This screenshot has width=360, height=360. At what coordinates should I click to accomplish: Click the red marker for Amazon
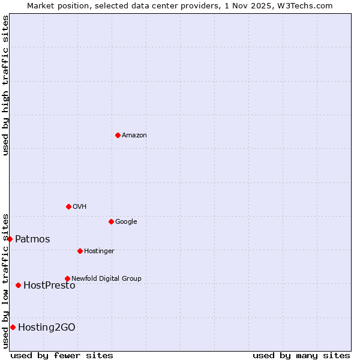click(x=118, y=135)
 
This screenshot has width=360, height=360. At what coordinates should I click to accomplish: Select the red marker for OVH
click(x=68, y=206)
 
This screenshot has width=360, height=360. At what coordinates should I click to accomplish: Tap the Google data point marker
click(x=111, y=221)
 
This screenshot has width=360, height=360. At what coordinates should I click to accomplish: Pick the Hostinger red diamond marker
click(x=80, y=251)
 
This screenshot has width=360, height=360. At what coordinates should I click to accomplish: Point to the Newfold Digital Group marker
click(x=67, y=278)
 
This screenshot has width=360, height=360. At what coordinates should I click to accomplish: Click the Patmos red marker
click(x=10, y=239)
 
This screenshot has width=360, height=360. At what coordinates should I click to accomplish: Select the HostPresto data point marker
click(x=18, y=285)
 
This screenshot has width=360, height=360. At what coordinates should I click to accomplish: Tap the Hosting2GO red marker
click(x=13, y=327)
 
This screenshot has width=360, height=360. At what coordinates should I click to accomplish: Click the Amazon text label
click(x=134, y=136)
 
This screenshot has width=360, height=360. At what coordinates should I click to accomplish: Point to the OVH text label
click(x=79, y=207)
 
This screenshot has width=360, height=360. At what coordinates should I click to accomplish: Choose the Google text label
click(x=126, y=222)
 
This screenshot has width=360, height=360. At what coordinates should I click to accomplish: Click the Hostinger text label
click(x=99, y=251)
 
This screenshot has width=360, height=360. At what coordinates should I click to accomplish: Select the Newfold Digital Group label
click(x=106, y=279)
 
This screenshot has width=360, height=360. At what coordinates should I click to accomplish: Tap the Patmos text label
click(x=32, y=239)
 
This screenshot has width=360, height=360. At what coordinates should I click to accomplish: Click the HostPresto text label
click(x=49, y=286)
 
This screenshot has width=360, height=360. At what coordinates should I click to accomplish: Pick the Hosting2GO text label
click(x=47, y=328)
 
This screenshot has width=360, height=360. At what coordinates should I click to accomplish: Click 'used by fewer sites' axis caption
click(x=62, y=355)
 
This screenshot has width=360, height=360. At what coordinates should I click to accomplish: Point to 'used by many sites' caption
click(x=301, y=355)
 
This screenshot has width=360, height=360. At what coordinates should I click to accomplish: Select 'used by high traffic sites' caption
click(x=5, y=86)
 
